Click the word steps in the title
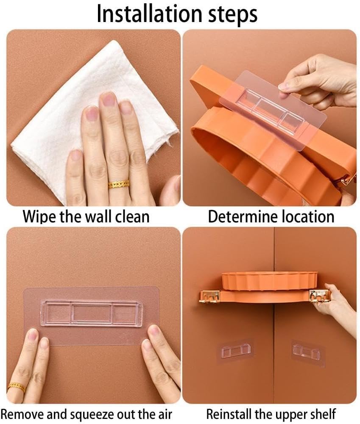coord(232,15)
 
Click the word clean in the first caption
coord(132,217)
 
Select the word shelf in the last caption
coord(323,414)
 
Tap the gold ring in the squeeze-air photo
coord(16,387)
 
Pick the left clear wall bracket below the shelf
coord(235,350)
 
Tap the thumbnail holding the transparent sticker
coord(283,86)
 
